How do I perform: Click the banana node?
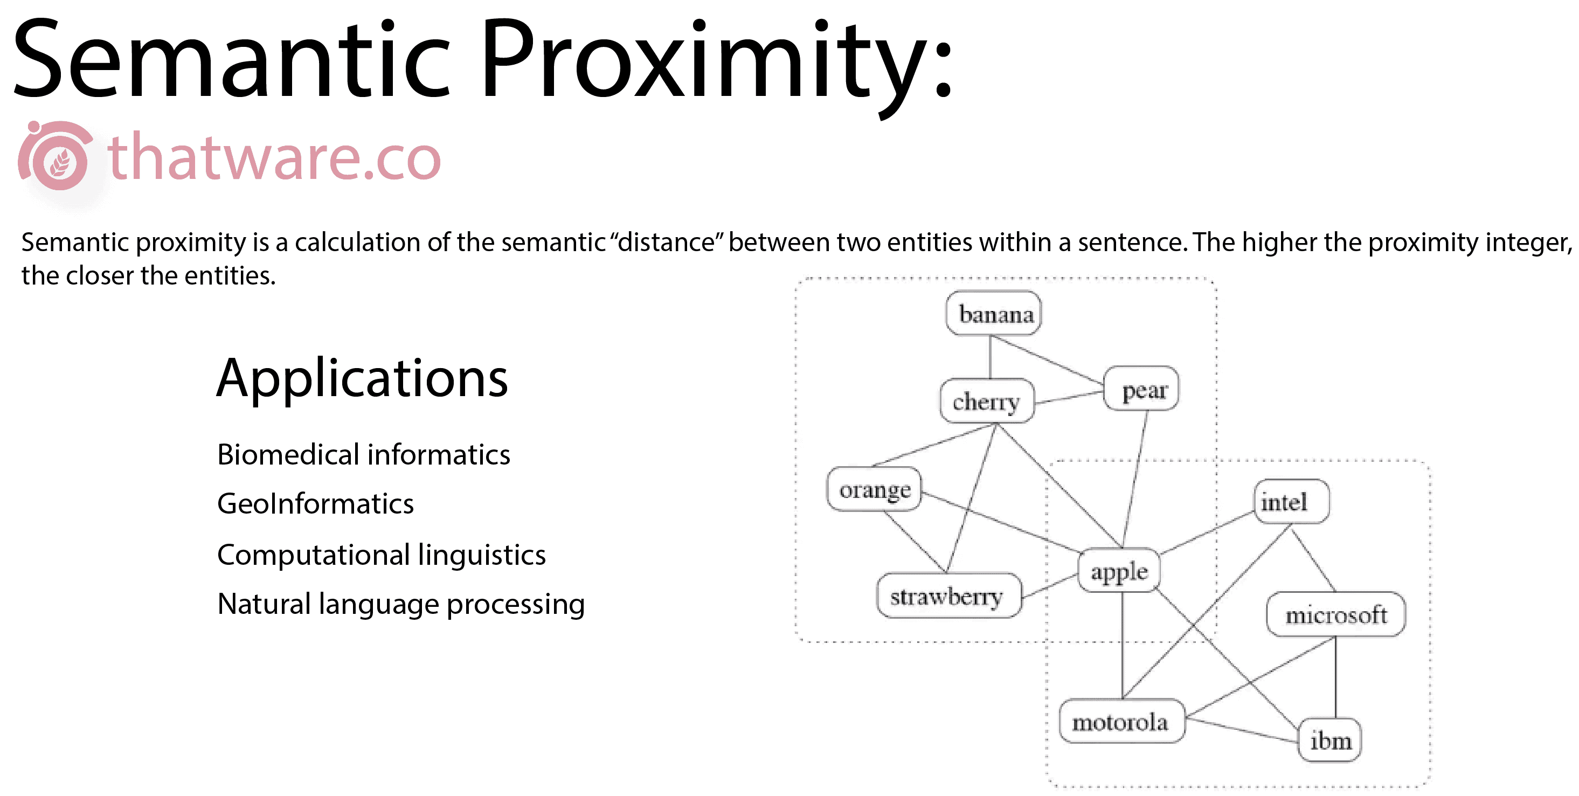point(993,313)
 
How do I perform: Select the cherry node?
point(987,401)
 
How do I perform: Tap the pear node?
point(1141,389)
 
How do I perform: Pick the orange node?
point(874,489)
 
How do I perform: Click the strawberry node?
point(949,596)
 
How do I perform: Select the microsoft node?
point(1335,614)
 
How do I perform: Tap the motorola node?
point(1121,721)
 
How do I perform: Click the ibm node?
point(1329,740)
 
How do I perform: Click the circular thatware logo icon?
point(55,156)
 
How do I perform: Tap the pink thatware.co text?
point(274,157)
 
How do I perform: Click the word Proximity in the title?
point(716,61)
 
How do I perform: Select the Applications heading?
point(362,379)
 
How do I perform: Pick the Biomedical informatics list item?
point(363,455)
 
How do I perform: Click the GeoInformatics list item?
point(316,504)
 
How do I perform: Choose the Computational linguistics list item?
point(381,555)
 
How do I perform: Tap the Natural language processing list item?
point(401,605)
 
